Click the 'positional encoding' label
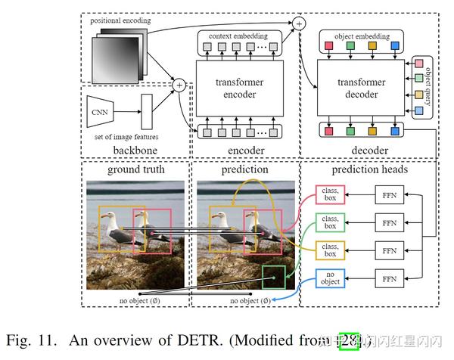coord(120,20)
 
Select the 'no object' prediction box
coord(330,279)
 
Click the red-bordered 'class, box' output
coord(330,197)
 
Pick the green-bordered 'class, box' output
coord(330,224)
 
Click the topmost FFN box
coord(389,197)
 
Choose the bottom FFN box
coord(389,279)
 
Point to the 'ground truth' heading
coord(136,170)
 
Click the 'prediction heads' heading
coord(368,170)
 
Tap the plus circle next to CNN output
coord(179,85)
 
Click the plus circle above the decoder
coord(300,24)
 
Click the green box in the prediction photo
coord(273,277)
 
